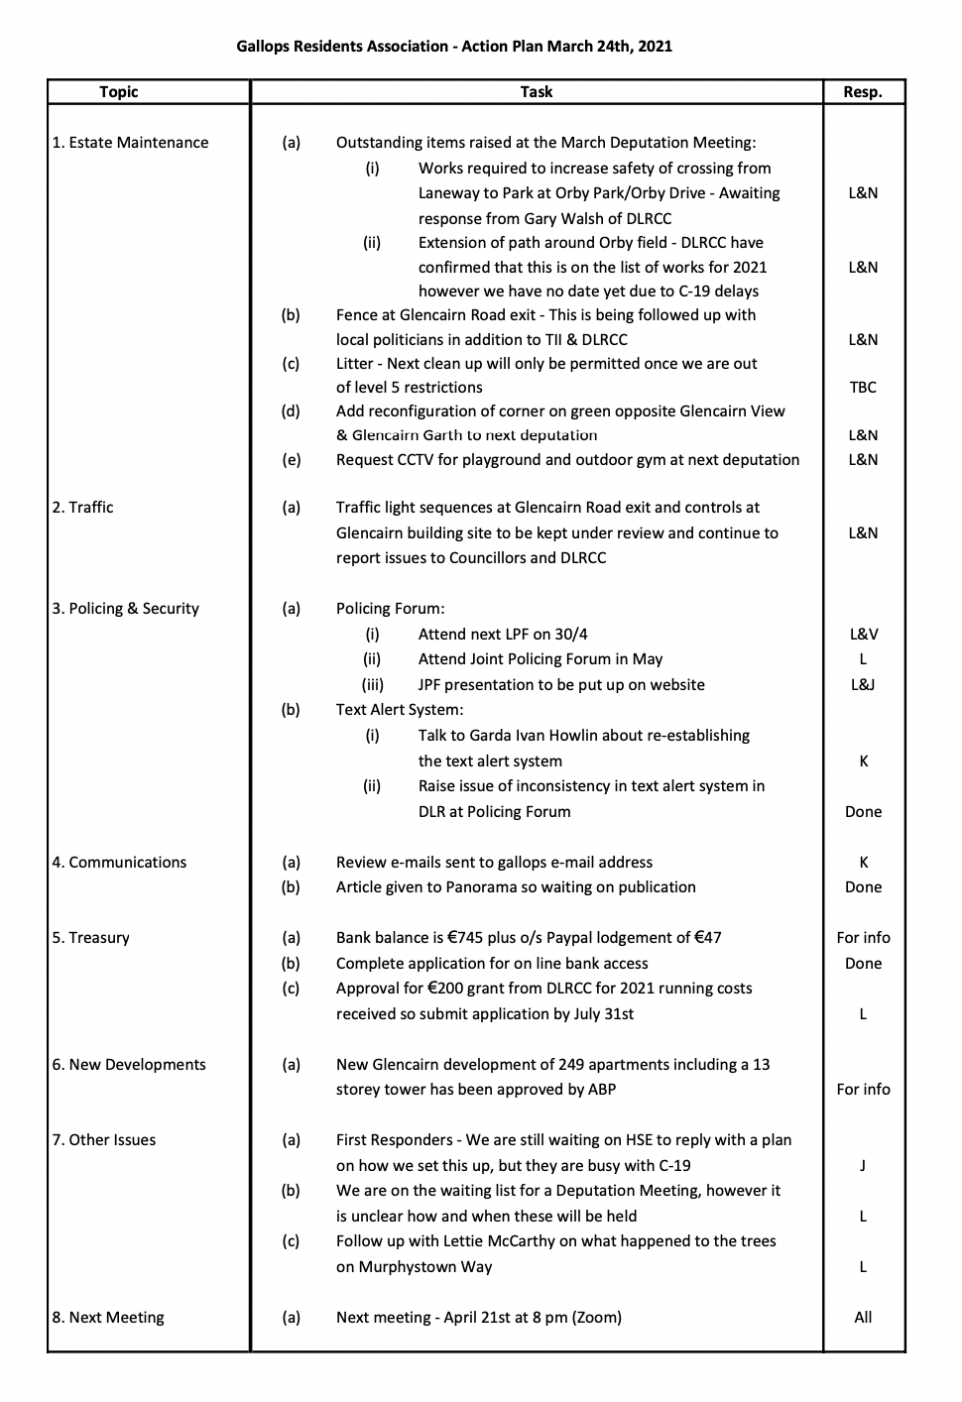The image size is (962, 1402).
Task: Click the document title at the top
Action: tap(454, 46)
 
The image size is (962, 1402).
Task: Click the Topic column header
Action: tap(119, 92)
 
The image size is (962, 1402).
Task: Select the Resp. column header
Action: tap(862, 92)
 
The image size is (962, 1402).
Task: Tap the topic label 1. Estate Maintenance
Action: tap(130, 143)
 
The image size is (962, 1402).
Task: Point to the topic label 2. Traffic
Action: tap(83, 508)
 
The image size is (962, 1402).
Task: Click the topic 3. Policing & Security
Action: tap(126, 609)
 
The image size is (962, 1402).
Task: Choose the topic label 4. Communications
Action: tap(119, 863)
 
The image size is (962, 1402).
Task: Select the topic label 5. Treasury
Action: tap(91, 938)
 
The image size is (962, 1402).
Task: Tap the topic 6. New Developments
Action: tap(129, 1065)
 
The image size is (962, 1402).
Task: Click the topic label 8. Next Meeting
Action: tap(108, 1318)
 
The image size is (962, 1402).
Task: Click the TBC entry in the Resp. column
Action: tap(863, 388)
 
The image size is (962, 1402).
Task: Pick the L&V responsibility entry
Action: tap(863, 635)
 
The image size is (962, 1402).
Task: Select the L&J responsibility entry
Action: tap(863, 685)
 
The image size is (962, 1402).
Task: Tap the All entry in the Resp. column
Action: tap(863, 1318)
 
